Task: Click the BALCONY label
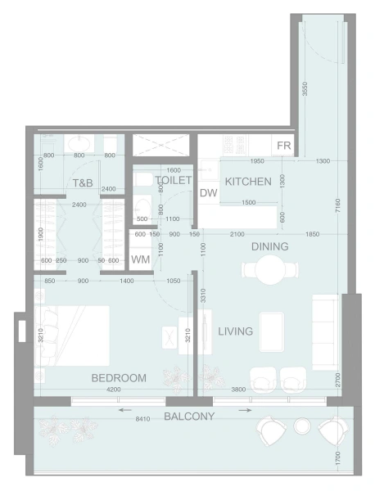[189, 417]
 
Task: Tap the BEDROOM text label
[119, 378]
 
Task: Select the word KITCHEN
[248, 182]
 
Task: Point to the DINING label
[269, 246]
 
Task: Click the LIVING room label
[235, 331]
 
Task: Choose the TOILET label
[173, 180]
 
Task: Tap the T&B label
[83, 183]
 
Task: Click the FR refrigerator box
[284, 146]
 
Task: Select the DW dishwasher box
[208, 193]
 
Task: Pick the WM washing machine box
[140, 260]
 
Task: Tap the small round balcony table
[301, 426]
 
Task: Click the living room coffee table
[272, 331]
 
